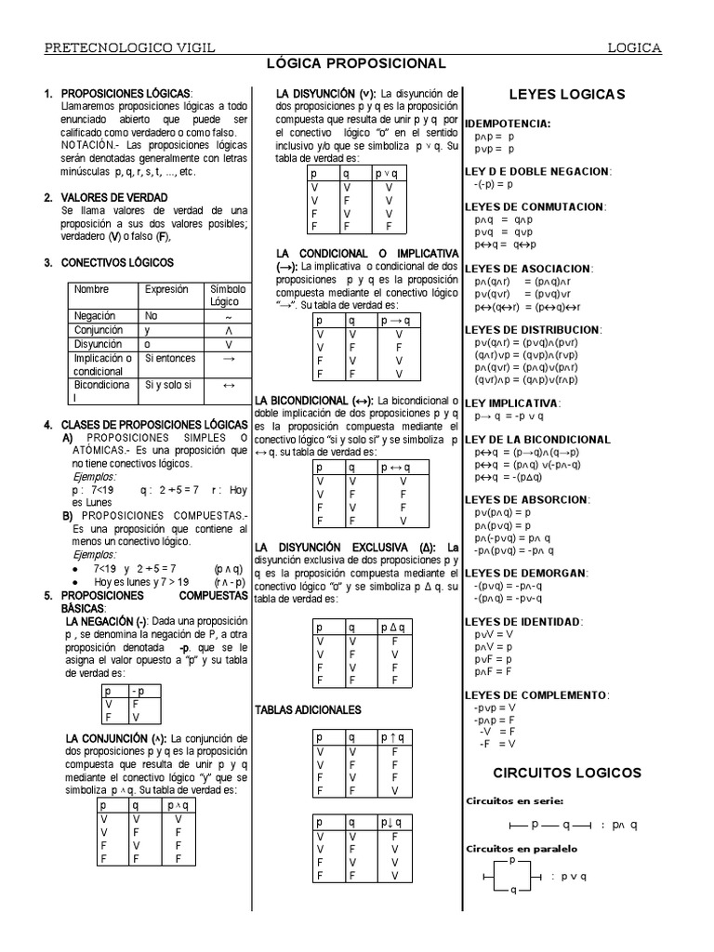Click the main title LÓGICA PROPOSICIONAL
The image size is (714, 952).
[357, 63]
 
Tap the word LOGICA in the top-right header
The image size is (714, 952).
[634, 46]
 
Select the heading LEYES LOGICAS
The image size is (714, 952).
[567, 94]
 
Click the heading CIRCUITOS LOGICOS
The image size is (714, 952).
[566, 773]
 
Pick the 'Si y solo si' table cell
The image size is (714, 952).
[168, 384]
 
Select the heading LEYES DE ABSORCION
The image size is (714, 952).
[525, 499]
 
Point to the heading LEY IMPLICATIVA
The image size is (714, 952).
[512, 403]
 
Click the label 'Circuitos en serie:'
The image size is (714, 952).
[513, 800]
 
